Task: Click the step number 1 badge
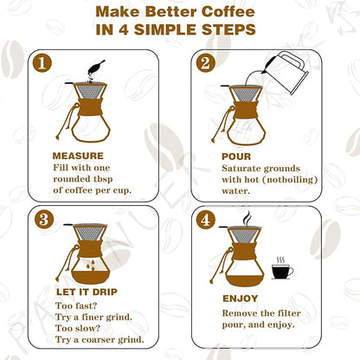point(42,64)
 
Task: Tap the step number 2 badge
point(205,64)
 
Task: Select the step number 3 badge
point(42,221)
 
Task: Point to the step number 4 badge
point(205,221)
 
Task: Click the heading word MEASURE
point(78,156)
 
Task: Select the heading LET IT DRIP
point(83,292)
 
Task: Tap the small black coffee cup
point(282,270)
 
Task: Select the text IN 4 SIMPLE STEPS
point(180,29)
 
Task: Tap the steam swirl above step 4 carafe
point(247,219)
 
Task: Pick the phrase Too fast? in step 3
point(74,306)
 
